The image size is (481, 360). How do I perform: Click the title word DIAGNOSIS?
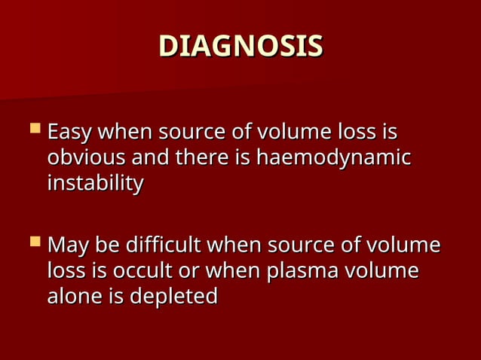(240, 46)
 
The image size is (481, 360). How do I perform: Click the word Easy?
(70, 133)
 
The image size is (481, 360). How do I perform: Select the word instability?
(95, 184)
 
